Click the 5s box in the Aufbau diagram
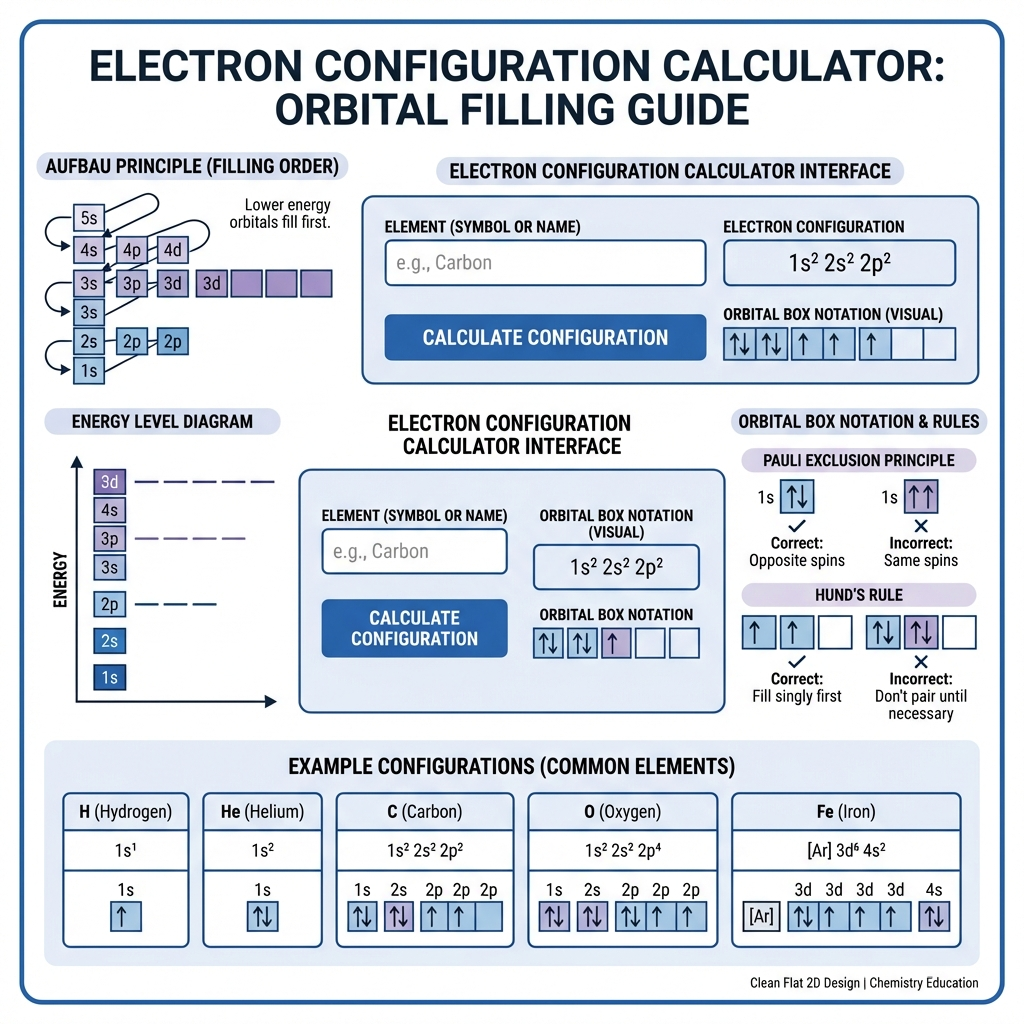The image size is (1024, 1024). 89,217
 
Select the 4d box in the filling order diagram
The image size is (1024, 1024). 172,249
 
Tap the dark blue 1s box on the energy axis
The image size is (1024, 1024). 109,677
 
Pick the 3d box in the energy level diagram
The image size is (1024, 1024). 109,482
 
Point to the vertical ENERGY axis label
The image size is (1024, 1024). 60,580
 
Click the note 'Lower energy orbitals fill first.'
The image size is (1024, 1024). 280,214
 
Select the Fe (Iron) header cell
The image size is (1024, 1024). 846,812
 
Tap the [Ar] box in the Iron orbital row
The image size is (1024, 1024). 761,916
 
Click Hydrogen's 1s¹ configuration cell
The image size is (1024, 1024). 125,850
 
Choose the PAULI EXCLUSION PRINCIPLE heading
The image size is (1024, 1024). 859,460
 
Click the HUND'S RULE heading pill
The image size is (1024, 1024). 859,595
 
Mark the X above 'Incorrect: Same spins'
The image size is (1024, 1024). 921,526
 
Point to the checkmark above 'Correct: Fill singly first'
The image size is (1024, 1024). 797,661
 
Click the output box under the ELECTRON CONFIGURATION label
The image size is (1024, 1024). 839,263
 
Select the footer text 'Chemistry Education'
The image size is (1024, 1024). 923,983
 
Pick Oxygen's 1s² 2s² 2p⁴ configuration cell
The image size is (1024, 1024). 622,850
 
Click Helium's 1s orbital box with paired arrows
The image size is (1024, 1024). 263,916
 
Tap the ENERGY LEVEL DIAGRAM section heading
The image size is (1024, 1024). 162,422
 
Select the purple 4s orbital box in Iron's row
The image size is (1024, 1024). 934,916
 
